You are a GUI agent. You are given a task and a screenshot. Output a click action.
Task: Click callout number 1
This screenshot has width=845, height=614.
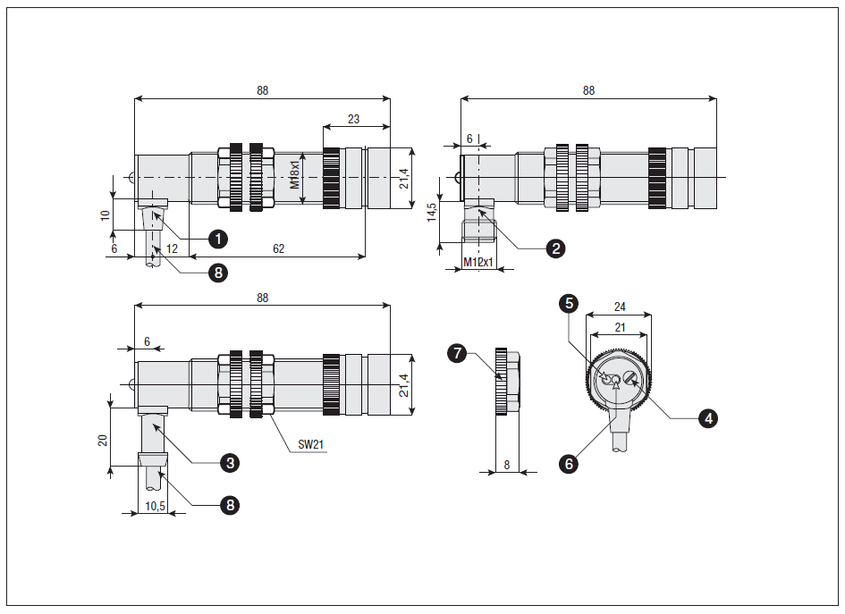pos(216,239)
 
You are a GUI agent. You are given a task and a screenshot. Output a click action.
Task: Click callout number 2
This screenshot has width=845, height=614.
pos(556,248)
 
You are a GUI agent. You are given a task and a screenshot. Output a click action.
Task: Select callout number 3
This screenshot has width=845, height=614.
pos(230,462)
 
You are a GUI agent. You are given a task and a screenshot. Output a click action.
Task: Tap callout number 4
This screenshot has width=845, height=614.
pos(708,417)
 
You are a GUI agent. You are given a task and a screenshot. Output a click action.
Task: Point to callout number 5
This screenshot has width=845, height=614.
pos(568,304)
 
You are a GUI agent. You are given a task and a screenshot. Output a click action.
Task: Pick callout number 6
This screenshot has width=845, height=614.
pos(568,463)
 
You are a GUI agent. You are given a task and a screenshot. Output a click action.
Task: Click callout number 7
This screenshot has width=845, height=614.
pos(458,354)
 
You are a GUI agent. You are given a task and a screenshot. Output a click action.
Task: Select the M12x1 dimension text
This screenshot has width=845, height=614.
pos(480,262)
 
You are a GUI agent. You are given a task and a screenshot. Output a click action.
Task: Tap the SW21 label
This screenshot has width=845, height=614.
pos(310,444)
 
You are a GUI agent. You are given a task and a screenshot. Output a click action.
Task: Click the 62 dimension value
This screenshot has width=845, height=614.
pos(278,248)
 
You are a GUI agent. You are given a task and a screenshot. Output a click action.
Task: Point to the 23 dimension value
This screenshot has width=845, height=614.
pos(353,119)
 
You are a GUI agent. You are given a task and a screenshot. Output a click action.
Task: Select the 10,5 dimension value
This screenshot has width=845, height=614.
pos(155,506)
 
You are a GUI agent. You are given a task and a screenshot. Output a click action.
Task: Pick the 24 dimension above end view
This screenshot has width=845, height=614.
pos(620,307)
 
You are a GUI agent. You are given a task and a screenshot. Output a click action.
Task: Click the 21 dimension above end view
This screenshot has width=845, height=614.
pos(620,327)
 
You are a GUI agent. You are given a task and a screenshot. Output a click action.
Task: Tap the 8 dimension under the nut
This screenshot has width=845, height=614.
pos(507,465)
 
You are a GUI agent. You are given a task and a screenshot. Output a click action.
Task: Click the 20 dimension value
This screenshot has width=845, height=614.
pos(103,440)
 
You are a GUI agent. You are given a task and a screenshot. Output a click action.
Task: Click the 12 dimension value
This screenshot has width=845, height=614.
pos(172,248)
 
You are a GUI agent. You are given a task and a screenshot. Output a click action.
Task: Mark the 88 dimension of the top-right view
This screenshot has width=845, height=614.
pos(588,91)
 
